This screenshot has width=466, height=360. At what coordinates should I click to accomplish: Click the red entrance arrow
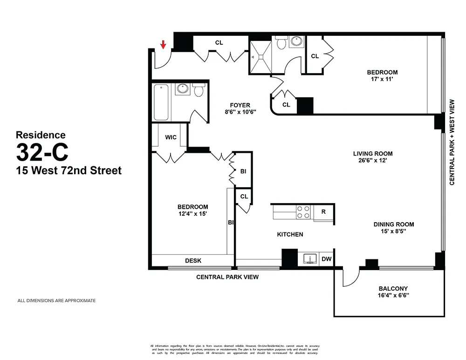(163, 45)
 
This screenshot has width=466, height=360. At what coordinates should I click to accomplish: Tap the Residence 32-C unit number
(42, 151)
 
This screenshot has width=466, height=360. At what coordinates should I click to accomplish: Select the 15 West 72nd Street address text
(69, 170)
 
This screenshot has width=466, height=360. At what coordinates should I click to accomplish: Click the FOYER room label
(240, 105)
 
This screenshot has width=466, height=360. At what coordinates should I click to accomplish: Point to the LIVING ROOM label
(372, 154)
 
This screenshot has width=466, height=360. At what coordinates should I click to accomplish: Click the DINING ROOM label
(393, 224)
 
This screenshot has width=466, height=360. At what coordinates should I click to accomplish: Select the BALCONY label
(393, 288)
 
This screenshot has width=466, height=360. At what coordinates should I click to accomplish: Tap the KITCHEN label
(290, 234)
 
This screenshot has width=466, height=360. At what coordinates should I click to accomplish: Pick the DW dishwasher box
(327, 259)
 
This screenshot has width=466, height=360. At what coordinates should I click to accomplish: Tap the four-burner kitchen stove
(303, 212)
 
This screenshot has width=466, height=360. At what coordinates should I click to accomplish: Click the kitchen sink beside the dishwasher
(309, 258)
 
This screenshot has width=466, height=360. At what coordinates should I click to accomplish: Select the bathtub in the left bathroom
(161, 102)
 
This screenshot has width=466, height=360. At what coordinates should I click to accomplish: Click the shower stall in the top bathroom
(260, 56)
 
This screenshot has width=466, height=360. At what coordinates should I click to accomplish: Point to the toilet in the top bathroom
(281, 44)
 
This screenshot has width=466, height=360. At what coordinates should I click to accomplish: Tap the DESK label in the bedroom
(193, 261)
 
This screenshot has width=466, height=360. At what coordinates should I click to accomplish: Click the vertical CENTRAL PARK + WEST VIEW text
(452, 142)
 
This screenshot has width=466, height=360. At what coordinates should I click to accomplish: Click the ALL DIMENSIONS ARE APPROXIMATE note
(56, 301)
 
